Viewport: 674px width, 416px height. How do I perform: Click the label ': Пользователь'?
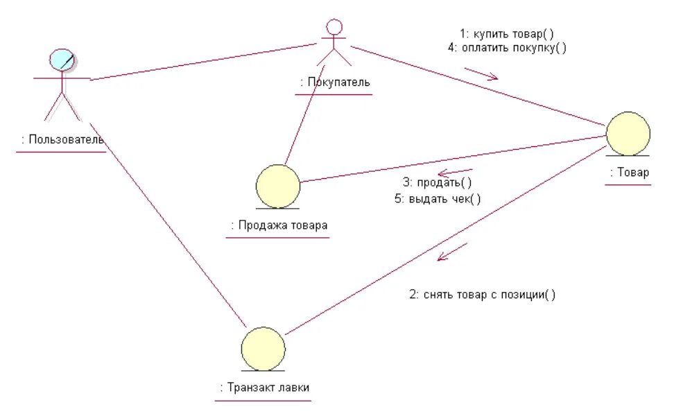(62, 140)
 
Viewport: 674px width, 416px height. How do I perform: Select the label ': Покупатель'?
(335, 83)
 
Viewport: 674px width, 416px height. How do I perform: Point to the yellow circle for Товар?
(628, 133)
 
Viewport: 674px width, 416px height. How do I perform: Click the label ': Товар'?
(629, 173)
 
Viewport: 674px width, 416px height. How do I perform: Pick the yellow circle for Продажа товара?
(278, 186)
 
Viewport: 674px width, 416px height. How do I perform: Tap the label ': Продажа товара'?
(279, 225)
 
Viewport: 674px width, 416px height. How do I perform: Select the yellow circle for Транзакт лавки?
(263, 347)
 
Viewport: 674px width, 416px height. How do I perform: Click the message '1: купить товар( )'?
(507, 33)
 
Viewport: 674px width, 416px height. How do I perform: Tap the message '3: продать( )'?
(437, 183)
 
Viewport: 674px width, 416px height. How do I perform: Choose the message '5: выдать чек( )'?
(437, 198)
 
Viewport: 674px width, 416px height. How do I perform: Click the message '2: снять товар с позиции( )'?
(482, 294)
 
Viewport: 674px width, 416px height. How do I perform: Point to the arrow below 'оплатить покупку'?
(481, 74)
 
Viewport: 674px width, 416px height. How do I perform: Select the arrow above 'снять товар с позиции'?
(451, 252)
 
